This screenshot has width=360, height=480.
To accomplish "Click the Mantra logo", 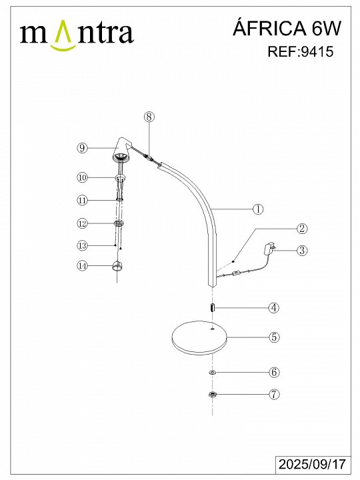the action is (77, 35).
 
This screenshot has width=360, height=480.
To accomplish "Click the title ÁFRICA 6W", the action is (287, 29).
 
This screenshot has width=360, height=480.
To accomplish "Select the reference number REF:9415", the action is (300, 51).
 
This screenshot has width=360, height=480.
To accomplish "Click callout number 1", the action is (258, 209).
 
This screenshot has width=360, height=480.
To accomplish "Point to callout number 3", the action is (302, 251).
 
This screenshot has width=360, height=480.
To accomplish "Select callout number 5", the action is (274, 337).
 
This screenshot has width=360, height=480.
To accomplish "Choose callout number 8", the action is (149, 117).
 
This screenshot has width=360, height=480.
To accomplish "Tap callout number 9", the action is (82, 148).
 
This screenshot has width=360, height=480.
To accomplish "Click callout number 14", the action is (82, 265).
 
